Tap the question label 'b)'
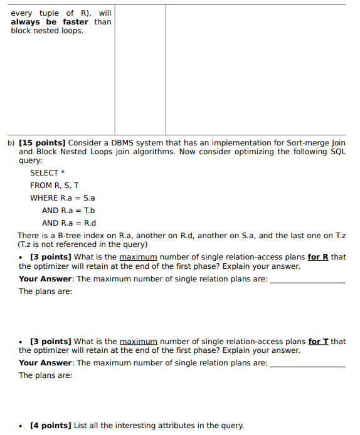[x=11, y=143]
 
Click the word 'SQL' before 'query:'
[x=337, y=152]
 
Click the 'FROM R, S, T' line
[x=55, y=186]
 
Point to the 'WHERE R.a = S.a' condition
[x=62, y=198]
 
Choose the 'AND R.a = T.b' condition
[x=68, y=211]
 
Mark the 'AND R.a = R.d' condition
[x=69, y=223]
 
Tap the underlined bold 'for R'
[x=318, y=257]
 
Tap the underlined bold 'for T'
[x=318, y=342]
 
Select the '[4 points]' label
[x=50, y=426]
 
